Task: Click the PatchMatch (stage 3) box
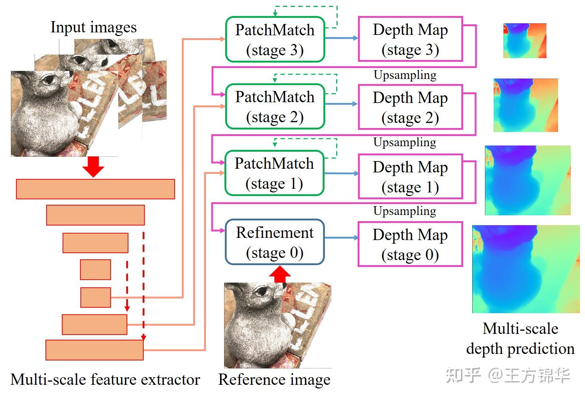(275, 39)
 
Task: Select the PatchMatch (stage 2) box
(275, 107)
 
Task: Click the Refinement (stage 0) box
(275, 242)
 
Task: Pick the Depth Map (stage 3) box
(410, 39)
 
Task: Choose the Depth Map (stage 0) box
(410, 244)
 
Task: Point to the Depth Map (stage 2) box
(410, 107)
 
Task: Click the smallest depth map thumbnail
(525, 41)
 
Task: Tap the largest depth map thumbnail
(526, 269)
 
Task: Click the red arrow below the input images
(93, 167)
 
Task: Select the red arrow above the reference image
(279, 274)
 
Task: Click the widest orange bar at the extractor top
(95, 189)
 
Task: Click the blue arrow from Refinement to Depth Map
(341, 238)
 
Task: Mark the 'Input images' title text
(93, 27)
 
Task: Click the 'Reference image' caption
(274, 379)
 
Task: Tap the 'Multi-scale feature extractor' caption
(105, 379)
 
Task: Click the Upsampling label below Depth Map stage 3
(405, 75)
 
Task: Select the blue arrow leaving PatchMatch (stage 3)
(341, 38)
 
